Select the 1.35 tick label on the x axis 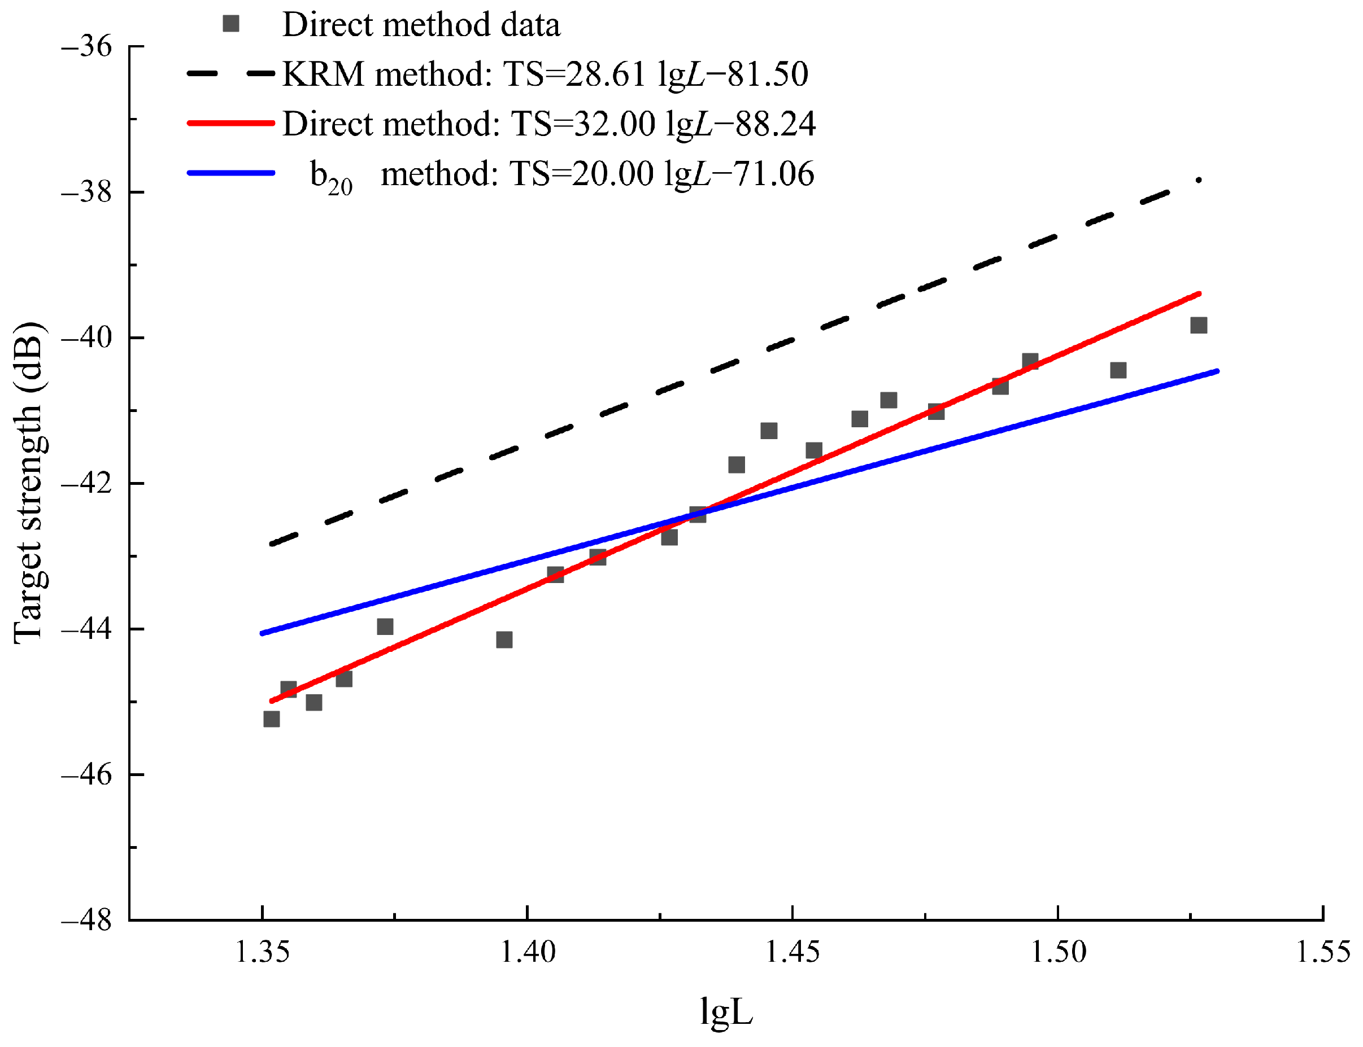(x=262, y=952)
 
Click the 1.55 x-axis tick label (x=1322, y=952)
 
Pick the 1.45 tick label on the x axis (x=792, y=952)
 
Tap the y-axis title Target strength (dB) (x=29, y=483)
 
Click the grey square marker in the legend (x=230, y=24)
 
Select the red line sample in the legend (x=230, y=124)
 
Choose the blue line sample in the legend (x=230, y=173)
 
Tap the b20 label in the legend (x=330, y=176)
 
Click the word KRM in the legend (x=323, y=74)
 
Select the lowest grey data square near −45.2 (x=271, y=719)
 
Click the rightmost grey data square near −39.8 (x=1197, y=325)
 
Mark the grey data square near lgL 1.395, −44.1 (x=504, y=639)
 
